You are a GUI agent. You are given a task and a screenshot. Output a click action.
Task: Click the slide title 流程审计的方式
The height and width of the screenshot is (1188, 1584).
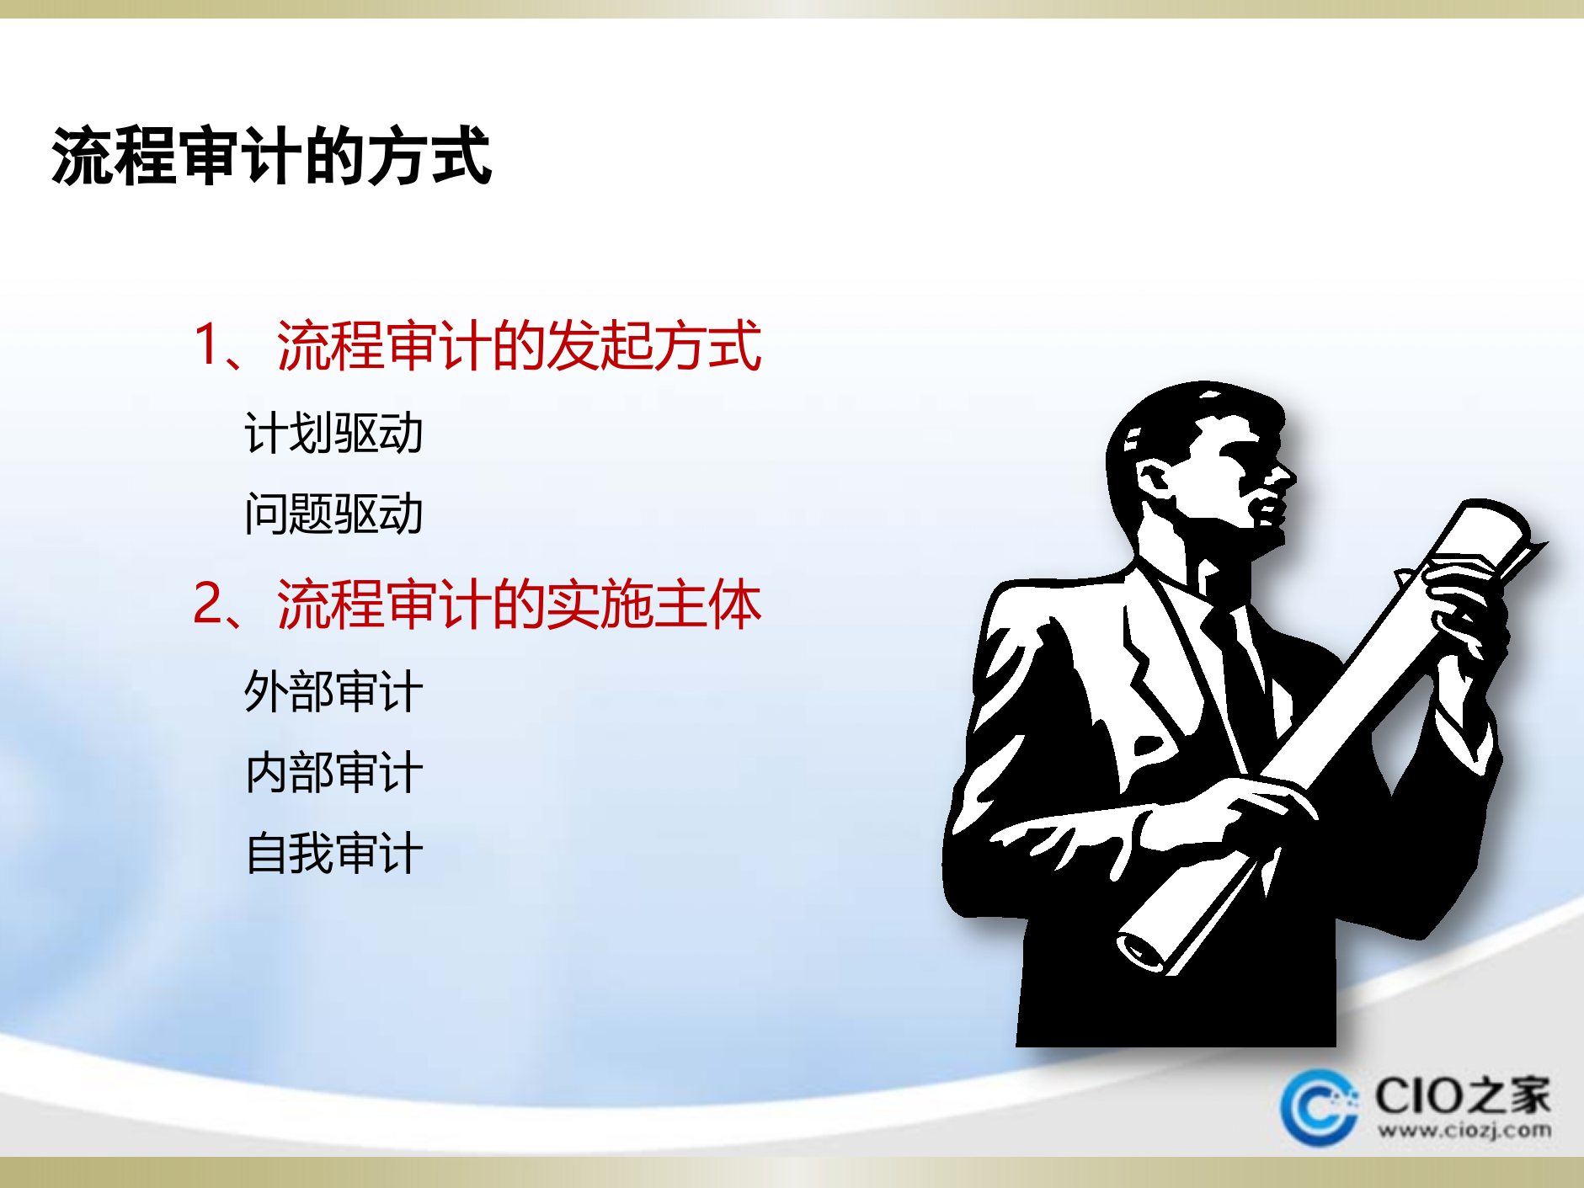[x=271, y=156]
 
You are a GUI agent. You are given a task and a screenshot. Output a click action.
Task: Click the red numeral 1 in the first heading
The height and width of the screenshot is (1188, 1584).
[x=207, y=344]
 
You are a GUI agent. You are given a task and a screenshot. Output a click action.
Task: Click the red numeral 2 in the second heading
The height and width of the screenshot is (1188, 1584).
[x=208, y=604]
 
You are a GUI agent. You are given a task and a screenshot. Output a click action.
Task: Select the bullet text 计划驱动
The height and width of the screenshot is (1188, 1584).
[x=333, y=434]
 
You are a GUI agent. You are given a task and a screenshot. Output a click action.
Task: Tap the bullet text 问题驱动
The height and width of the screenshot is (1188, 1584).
[x=333, y=514]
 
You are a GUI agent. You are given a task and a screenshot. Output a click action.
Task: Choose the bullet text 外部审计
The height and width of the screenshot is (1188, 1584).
[x=333, y=692]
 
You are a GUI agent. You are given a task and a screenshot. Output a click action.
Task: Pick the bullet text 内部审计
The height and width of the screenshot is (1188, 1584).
[x=333, y=772]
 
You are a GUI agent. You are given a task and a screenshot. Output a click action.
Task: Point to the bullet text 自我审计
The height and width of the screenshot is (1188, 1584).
[x=333, y=853]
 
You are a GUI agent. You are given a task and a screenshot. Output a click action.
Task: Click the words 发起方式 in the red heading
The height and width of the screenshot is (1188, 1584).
[x=653, y=345]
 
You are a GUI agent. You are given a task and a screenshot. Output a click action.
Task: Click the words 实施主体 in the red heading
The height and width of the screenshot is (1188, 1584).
[x=653, y=605]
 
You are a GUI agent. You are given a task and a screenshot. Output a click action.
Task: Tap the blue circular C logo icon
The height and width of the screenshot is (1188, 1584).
[x=1318, y=1106]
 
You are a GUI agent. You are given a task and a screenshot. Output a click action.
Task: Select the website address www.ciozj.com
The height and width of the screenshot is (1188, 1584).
[x=1464, y=1130]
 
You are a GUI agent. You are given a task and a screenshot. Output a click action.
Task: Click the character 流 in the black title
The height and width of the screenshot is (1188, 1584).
[x=82, y=156]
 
